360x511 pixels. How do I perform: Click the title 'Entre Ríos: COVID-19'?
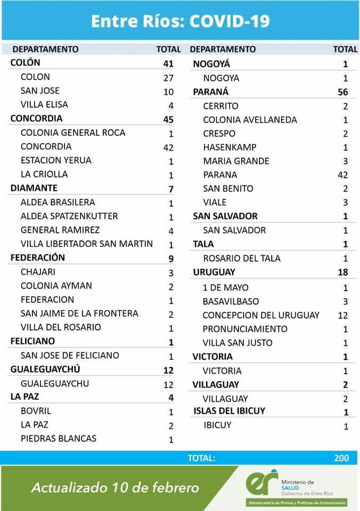180,21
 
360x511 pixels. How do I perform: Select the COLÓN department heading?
26,63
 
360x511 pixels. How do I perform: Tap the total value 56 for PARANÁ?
342,92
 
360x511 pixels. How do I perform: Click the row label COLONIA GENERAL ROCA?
73,133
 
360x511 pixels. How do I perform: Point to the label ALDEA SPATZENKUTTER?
69,216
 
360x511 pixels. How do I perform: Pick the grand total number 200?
342,458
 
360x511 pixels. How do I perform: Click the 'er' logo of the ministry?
262,482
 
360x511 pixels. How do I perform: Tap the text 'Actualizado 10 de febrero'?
115,488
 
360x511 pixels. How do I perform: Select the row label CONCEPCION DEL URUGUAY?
261,315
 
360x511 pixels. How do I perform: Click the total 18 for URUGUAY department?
342,272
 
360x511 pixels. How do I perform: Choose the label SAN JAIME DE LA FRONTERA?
79,314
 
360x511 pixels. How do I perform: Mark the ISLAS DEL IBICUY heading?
230,410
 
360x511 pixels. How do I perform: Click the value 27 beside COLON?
168,77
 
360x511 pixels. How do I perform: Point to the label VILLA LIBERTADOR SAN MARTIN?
87,244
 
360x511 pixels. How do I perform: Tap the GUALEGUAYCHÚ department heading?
46,369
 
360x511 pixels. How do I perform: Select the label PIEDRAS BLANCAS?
59,439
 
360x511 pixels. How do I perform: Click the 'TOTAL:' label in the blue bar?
201,458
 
